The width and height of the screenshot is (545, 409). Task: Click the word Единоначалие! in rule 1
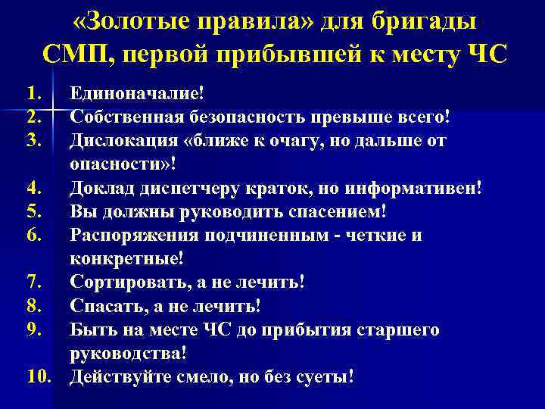[x=137, y=94]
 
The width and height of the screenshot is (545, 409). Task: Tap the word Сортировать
[x=126, y=283]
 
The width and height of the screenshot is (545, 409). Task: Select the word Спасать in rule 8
[x=103, y=306]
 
